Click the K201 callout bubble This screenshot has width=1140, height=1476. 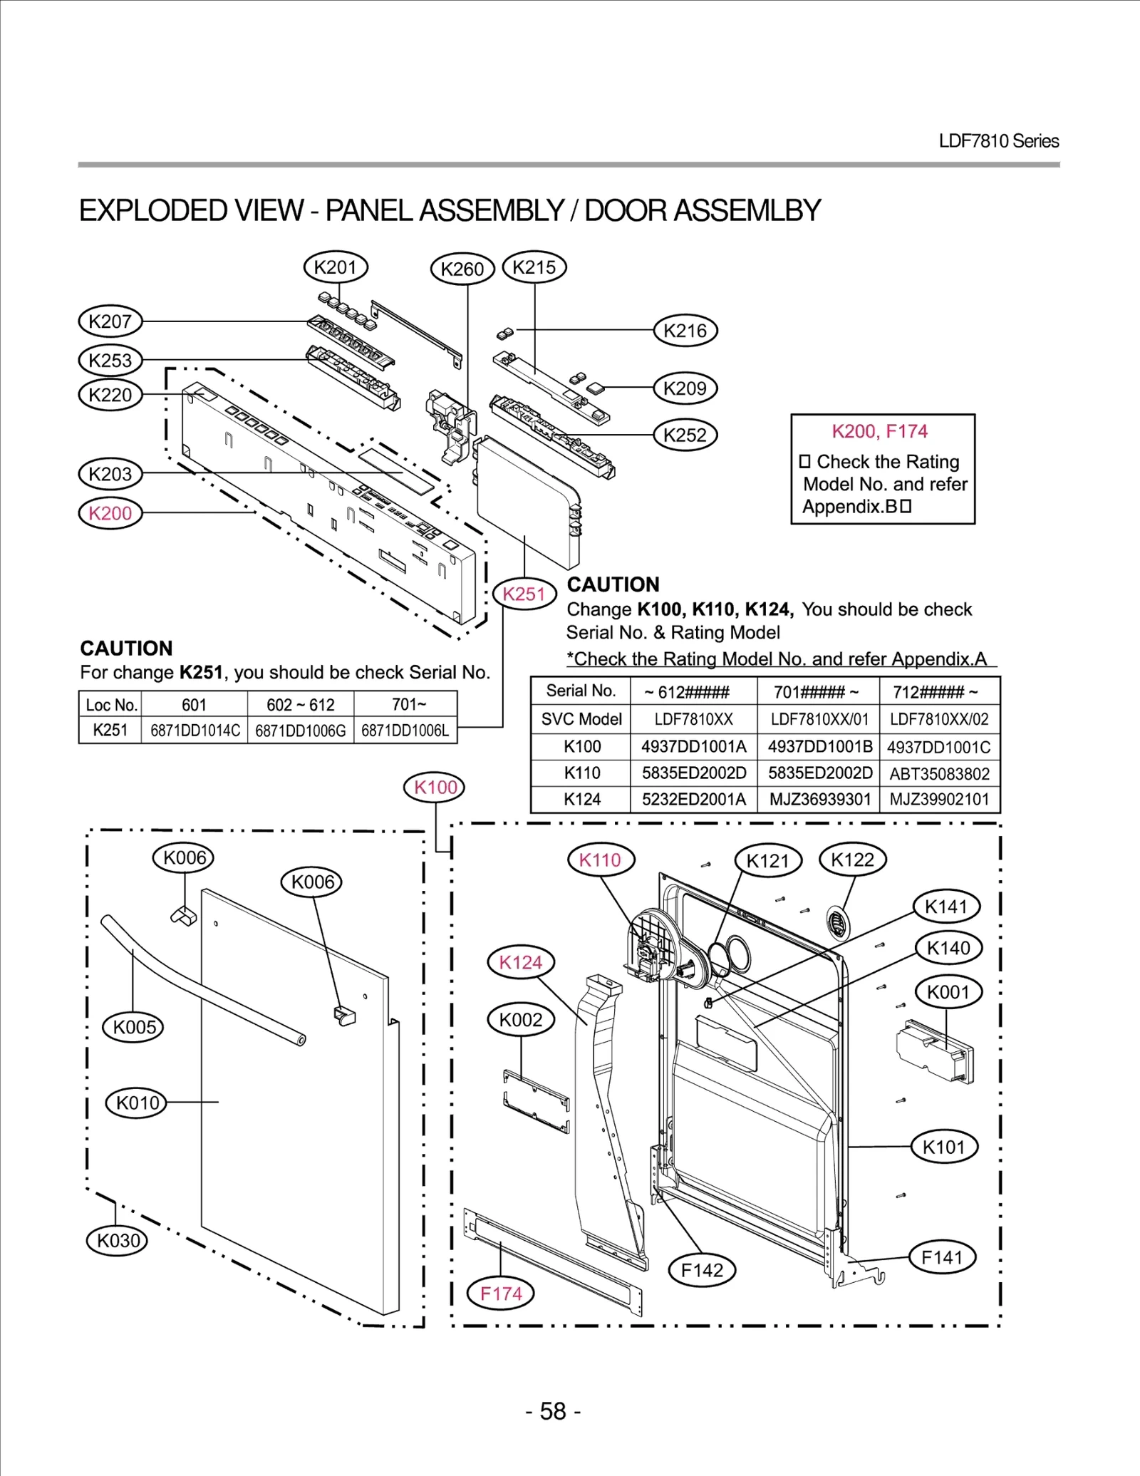(335, 267)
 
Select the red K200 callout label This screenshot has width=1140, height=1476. (110, 513)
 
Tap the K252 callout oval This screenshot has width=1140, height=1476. (685, 435)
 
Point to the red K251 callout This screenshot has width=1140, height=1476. (524, 594)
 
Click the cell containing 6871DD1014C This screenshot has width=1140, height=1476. (195, 731)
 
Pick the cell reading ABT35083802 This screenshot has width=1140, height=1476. (939, 773)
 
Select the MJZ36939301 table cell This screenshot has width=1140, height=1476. (819, 799)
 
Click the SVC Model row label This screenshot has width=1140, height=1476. (581, 719)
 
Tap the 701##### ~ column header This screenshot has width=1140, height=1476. (816, 691)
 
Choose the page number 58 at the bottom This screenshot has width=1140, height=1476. (553, 1410)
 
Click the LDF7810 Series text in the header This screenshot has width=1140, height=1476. (998, 141)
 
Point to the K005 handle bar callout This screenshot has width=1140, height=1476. (134, 1027)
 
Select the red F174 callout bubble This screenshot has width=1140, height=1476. (501, 1293)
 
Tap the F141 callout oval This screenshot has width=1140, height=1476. (942, 1257)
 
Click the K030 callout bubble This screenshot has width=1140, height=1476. (118, 1240)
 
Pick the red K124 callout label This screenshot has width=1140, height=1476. (520, 962)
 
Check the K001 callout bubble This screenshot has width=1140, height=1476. (948, 991)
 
